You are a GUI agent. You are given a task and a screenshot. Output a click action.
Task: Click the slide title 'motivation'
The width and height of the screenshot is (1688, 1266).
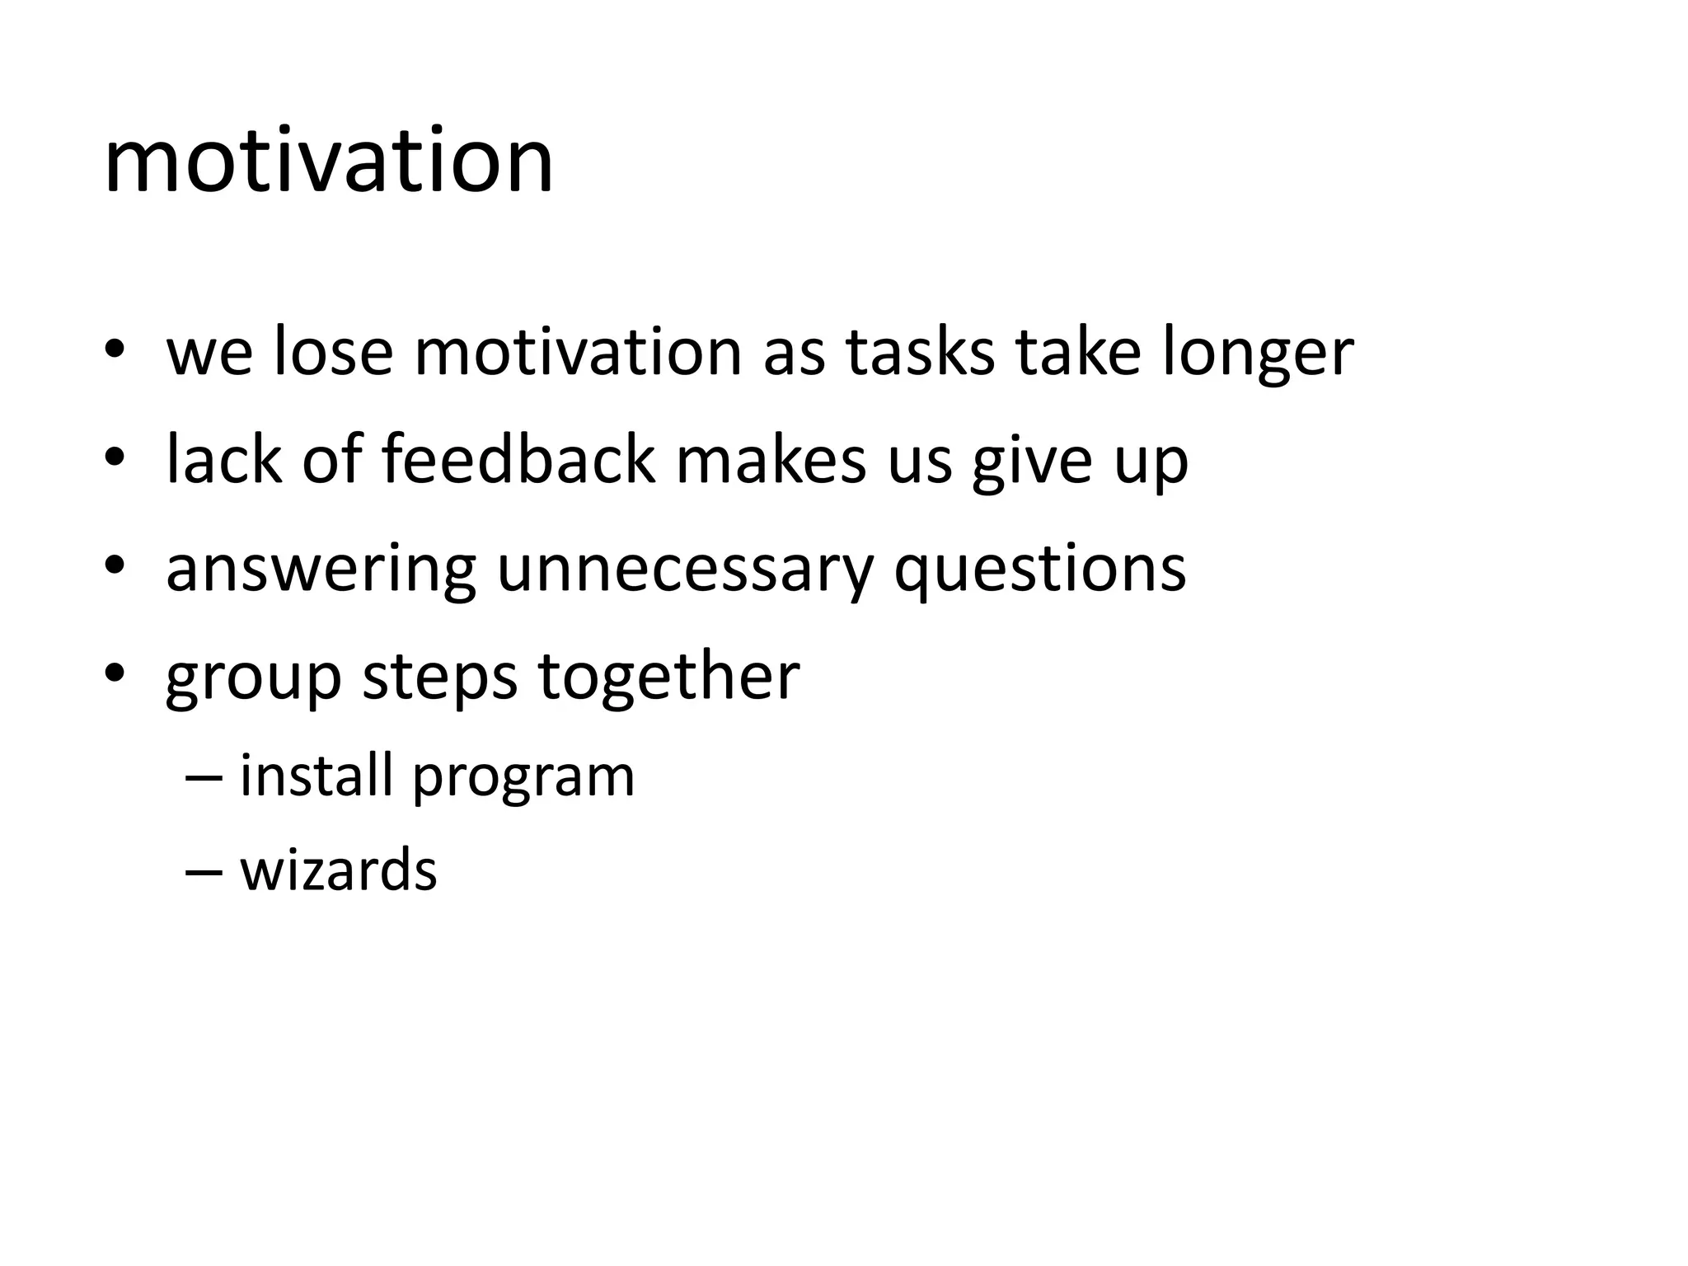tap(328, 161)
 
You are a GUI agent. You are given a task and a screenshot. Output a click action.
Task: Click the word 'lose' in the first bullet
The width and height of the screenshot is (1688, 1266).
tap(333, 353)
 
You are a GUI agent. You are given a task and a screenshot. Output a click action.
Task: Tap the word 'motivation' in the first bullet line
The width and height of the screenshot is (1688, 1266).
tap(578, 353)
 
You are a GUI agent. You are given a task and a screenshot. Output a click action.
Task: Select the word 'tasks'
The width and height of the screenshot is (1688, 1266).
tap(920, 353)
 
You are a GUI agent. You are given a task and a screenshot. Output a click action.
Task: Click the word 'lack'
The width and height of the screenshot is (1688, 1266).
tap(223, 460)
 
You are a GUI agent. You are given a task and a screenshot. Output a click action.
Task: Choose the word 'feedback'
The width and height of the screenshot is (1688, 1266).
tap(518, 460)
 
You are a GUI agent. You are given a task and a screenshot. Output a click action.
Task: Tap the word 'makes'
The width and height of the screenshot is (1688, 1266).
tap(771, 460)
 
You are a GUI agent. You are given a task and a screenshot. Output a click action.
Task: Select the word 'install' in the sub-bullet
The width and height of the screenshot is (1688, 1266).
tap(316, 776)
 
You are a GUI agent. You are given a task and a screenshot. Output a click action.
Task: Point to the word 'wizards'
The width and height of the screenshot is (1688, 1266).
tap(338, 870)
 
